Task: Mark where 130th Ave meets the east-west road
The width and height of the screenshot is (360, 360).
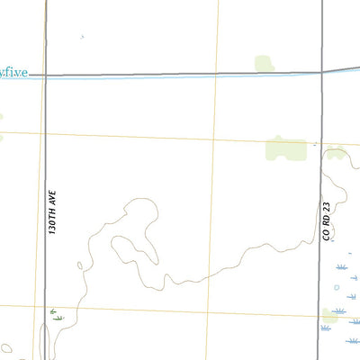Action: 45,76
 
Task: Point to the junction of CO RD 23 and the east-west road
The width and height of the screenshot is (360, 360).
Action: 322,72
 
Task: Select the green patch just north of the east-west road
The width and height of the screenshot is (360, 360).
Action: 264,63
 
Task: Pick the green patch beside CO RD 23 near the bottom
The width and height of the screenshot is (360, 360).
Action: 330,315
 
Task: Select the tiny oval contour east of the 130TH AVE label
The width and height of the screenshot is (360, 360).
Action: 80,265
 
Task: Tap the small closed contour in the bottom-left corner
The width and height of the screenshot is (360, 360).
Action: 6,348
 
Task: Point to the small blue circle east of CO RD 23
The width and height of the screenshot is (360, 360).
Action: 337,288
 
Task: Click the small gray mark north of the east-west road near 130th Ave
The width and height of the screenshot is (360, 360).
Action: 81,37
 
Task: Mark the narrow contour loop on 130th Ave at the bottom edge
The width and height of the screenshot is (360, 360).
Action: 45,342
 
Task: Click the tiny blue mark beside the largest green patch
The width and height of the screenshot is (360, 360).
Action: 314,144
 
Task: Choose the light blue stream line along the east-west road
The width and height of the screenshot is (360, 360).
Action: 180,78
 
